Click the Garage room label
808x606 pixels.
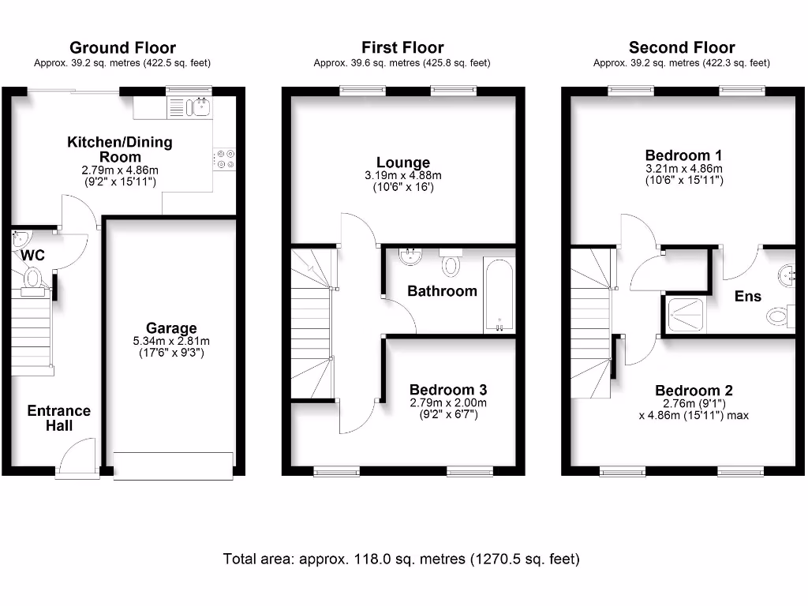(x=170, y=327)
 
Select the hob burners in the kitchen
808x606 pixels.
(x=224, y=159)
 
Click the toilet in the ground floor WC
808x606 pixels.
(x=32, y=279)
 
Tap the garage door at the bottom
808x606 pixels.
(x=173, y=465)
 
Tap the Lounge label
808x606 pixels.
(x=402, y=163)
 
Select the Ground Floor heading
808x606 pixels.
(x=122, y=48)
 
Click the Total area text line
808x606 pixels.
(x=402, y=559)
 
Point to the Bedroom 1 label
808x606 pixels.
(x=683, y=155)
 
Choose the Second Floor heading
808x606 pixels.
(x=682, y=48)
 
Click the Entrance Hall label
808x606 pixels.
(x=59, y=418)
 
